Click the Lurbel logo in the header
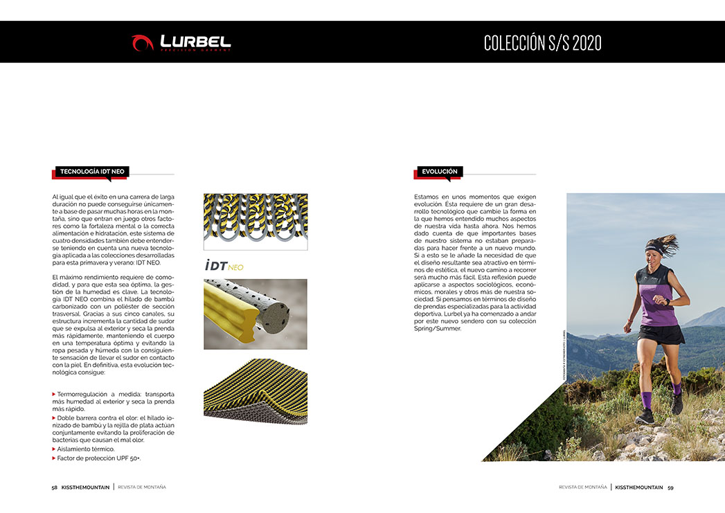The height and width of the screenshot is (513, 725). (181, 42)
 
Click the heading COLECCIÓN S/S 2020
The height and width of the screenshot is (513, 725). (542, 43)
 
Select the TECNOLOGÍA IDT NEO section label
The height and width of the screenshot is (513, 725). (92, 171)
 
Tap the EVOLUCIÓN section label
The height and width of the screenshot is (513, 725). (440, 171)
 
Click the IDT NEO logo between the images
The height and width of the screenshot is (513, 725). (224, 266)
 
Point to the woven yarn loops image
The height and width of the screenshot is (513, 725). (256, 221)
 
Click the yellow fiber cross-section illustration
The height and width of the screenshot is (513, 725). (256, 314)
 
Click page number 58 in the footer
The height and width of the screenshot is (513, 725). (54, 487)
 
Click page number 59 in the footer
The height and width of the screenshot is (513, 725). (670, 487)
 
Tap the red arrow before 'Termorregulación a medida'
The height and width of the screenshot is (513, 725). (54, 394)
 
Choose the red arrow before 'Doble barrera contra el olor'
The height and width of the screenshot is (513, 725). (54, 418)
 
